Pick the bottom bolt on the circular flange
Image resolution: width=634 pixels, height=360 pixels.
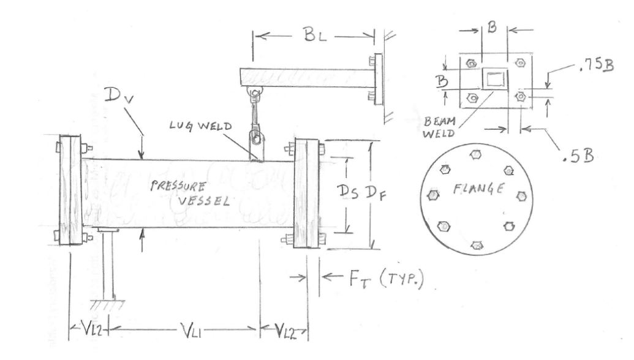tap(477, 244)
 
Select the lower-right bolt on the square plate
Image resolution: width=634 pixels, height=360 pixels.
tap(520, 97)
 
